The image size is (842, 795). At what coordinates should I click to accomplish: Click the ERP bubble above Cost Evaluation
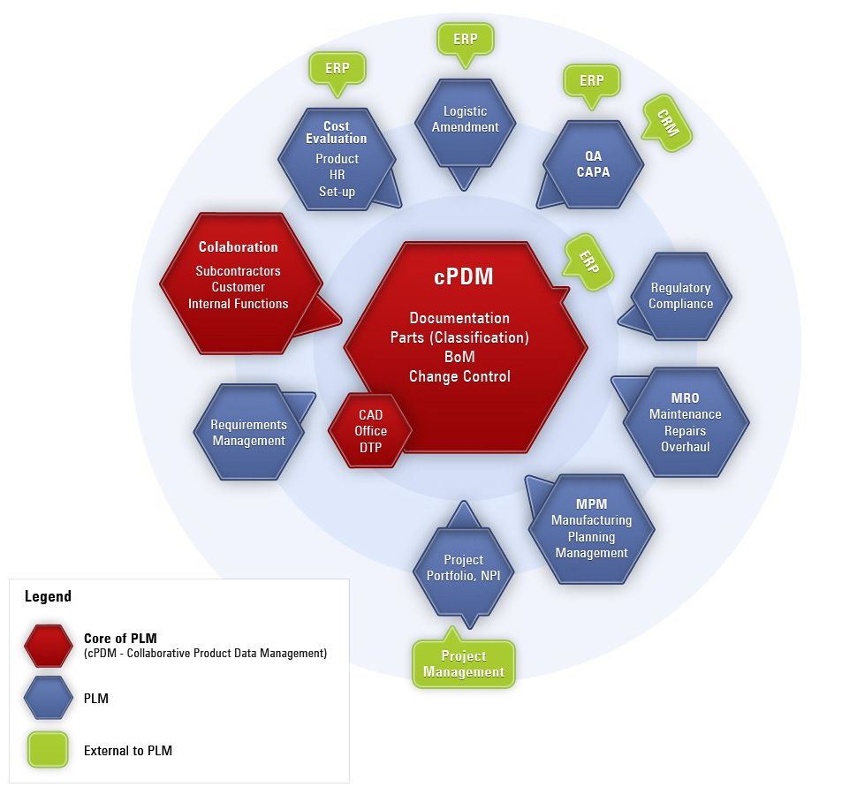337,68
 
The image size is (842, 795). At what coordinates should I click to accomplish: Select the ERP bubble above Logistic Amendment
465,40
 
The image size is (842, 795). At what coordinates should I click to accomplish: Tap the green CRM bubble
668,123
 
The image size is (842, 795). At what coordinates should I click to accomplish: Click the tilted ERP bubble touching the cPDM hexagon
588,261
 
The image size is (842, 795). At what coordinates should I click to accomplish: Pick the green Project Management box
464,663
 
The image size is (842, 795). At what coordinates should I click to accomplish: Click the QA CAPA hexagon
593,164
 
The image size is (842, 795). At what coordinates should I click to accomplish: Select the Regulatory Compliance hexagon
680,296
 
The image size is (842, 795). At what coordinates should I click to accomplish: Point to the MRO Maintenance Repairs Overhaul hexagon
685,422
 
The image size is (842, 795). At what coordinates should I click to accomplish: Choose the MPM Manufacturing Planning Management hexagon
591,528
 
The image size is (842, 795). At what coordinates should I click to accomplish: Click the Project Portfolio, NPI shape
463,567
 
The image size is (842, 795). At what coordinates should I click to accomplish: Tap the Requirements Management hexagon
248,433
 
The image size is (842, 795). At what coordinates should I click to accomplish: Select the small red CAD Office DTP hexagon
371,431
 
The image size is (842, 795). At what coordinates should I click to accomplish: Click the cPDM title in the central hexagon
464,276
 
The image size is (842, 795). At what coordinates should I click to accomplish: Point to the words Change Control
459,376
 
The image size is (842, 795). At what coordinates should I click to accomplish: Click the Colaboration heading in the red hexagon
238,247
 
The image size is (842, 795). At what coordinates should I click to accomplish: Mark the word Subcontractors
238,271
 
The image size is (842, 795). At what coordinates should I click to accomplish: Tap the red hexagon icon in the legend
49,646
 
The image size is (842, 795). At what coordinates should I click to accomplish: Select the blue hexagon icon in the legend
49,698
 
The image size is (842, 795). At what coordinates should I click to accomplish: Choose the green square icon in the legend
49,750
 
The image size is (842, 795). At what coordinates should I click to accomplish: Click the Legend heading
48,596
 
